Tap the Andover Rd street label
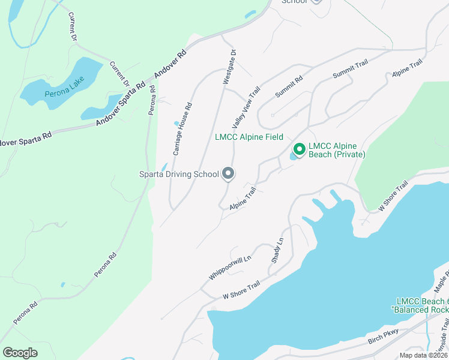tap(170, 64)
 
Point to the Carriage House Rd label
tap(182, 130)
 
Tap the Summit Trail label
tap(349, 72)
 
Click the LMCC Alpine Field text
tap(249, 137)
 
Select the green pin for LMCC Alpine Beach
tap(298, 148)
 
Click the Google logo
tap(20, 352)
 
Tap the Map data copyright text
tap(424, 355)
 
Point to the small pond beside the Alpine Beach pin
tap(292, 157)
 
